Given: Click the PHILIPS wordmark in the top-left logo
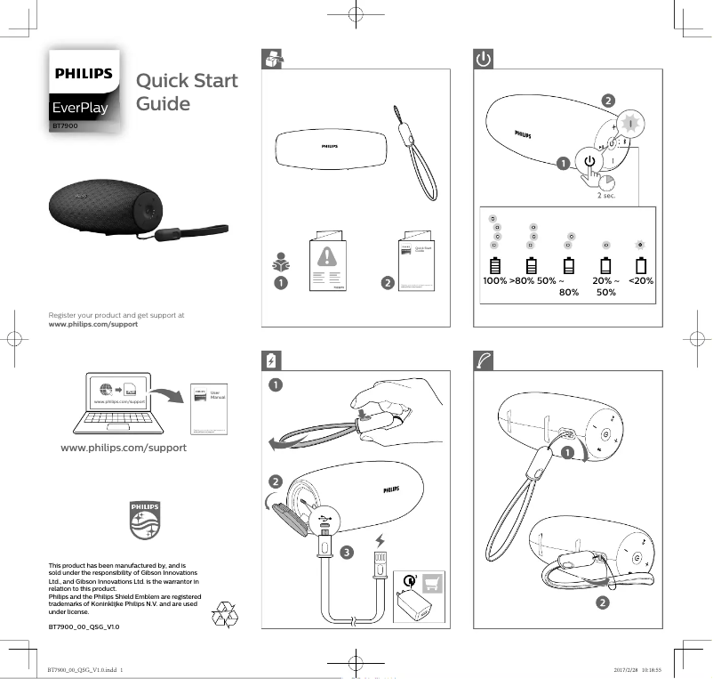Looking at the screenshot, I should click(x=84, y=74).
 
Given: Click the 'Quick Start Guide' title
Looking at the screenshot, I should click(x=187, y=93).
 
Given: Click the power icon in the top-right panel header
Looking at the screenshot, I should click(x=482, y=59).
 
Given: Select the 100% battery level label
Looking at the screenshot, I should click(x=494, y=280).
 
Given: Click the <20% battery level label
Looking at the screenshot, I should click(x=641, y=280).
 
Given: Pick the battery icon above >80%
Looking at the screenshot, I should click(x=532, y=265).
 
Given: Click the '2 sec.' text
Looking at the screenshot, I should click(x=606, y=196).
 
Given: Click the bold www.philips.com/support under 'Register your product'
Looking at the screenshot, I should click(x=93, y=325).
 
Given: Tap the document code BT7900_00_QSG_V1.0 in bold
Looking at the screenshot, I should click(x=84, y=627).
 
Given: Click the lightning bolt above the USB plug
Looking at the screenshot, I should click(x=381, y=539).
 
